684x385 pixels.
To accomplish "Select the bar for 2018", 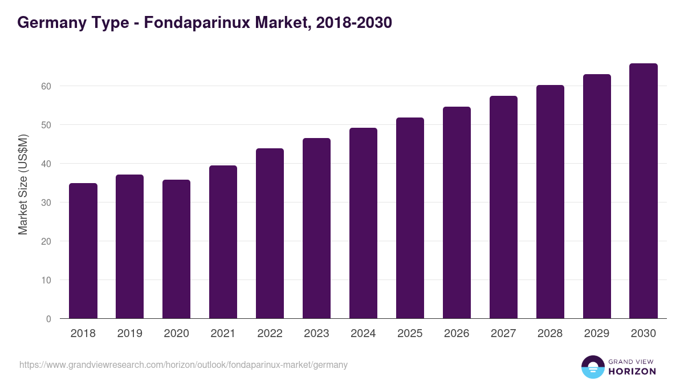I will pos(83,251).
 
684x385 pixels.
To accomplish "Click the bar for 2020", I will pos(177,249).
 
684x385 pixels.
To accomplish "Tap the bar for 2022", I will pos(270,233).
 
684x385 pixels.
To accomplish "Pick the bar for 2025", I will pos(410,218).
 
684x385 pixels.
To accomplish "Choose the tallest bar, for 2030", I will pos(644,191).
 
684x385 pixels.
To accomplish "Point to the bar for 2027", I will pos(503,207).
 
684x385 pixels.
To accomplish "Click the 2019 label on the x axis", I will pos(130,334).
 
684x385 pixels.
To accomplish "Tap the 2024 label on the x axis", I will pos(363,334).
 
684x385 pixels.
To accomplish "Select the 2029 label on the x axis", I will pos(597,334).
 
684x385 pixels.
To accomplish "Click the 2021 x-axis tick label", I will pos(223,334).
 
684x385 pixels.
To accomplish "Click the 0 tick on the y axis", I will pos(48,319).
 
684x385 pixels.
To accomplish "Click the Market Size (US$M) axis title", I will pos(23,185).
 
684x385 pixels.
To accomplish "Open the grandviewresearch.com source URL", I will pos(183,364).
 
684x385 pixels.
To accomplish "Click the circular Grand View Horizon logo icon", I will pos(593,367).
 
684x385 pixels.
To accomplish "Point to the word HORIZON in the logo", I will pos(632,371).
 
